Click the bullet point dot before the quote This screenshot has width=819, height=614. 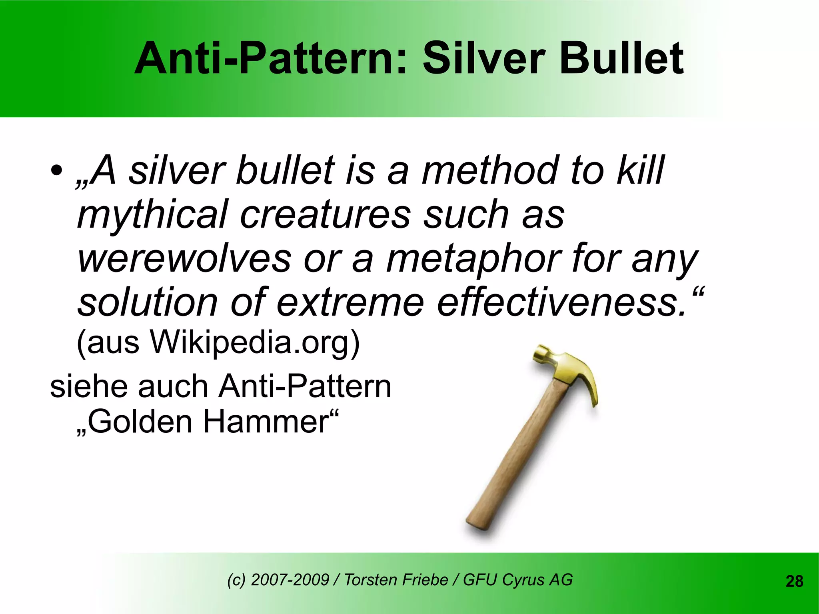click(x=56, y=171)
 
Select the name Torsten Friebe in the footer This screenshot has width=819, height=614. click(x=396, y=580)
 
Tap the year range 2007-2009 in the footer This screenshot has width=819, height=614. click(x=290, y=580)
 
